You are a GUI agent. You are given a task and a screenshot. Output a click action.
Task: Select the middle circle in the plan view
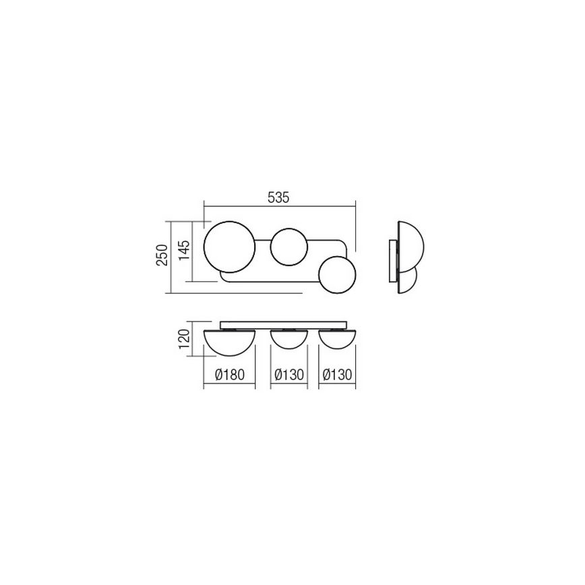coord(289,247)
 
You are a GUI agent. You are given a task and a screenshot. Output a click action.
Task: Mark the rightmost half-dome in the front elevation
coord(338,338)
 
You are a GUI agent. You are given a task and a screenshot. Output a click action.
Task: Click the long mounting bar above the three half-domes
coord(284,323)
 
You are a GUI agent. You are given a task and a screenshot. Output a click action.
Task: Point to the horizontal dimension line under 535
coord(280,207)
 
